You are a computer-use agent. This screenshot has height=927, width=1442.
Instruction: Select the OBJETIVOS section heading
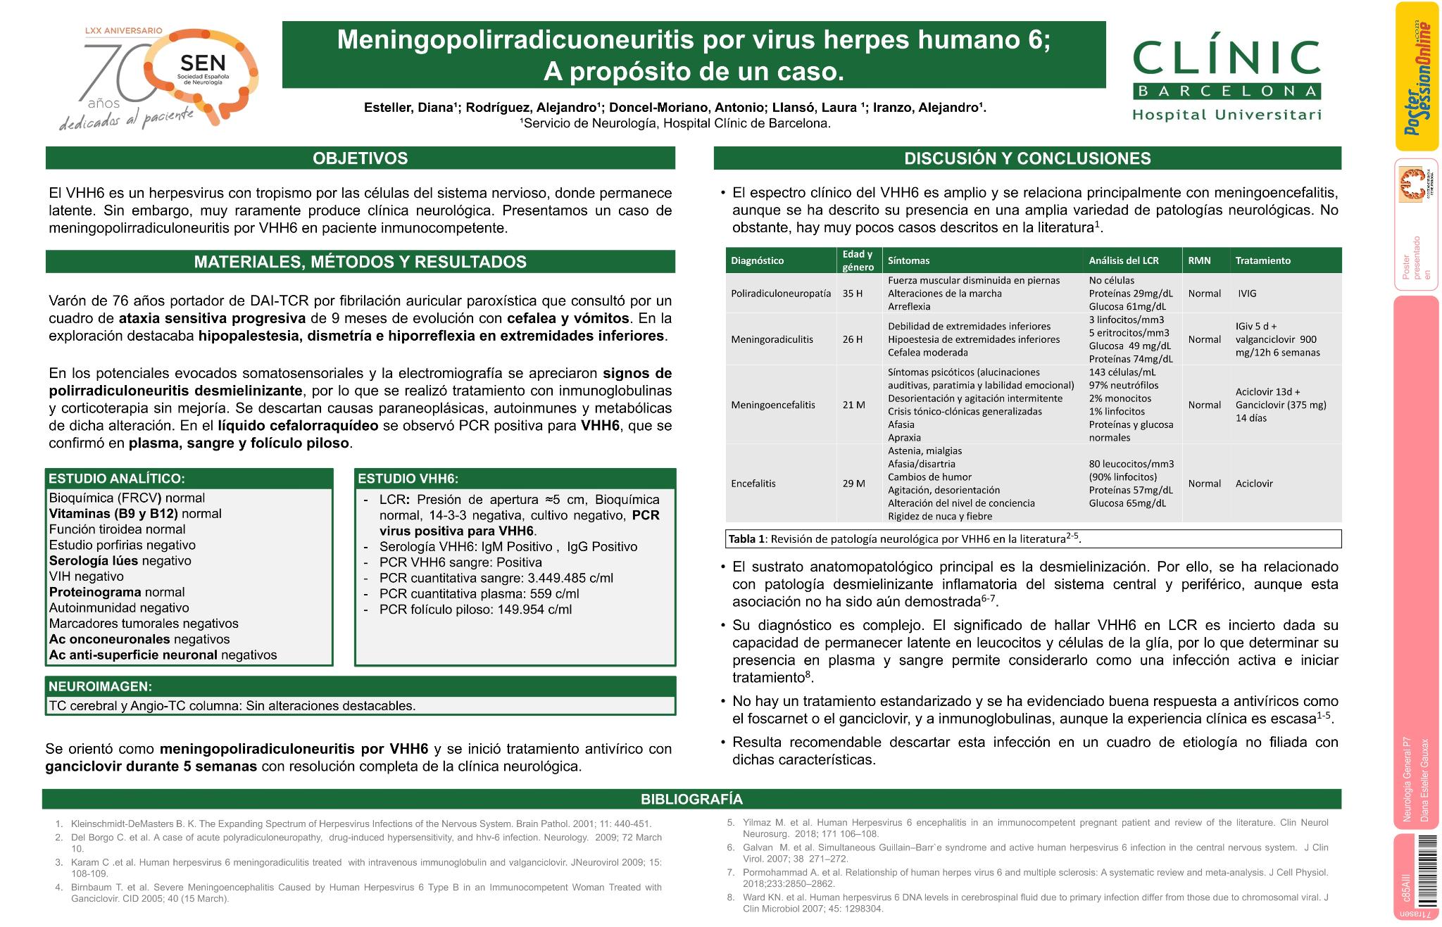click(x=360, y=158)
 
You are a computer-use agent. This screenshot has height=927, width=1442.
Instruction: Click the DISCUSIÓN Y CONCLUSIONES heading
click(x=1027, y=158)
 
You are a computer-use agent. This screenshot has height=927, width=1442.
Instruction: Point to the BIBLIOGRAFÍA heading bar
click(x=691, y=799)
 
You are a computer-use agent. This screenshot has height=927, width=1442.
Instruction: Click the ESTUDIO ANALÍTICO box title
click(x=117, y=479)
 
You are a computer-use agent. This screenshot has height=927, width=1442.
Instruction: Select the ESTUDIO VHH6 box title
click(x=409, y=479)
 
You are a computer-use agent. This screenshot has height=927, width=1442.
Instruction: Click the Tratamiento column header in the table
click(x=1262, y=260)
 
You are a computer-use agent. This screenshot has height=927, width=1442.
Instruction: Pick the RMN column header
click(x=1199, y=260)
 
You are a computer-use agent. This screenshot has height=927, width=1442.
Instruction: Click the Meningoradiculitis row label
click(x=772, y=339)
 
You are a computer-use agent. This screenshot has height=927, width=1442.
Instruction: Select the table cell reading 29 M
click(x=853, y=484)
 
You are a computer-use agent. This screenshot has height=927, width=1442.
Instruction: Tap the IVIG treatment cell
click(x=1247, y=294)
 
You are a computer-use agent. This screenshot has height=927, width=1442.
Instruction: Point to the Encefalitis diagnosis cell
click(x=753, y=484)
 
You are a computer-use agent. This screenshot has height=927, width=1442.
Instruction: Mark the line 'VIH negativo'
click(x=86, y=576)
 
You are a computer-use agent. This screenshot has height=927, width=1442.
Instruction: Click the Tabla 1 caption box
click(x=1033, y=539)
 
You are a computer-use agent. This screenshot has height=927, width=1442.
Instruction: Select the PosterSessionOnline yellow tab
click(x=1417, y=76)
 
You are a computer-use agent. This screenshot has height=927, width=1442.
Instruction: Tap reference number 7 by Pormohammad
click(x=1034, y=878)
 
